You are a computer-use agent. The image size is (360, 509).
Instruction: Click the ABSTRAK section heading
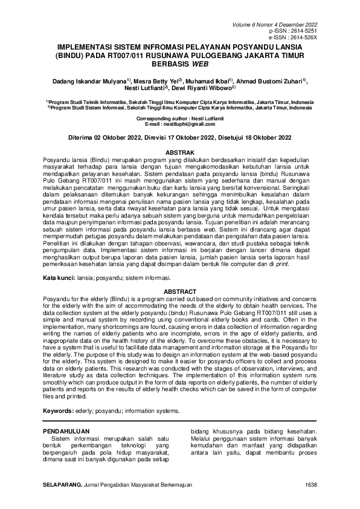click(179, 152)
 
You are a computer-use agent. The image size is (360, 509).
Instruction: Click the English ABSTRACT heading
click(179, 291)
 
